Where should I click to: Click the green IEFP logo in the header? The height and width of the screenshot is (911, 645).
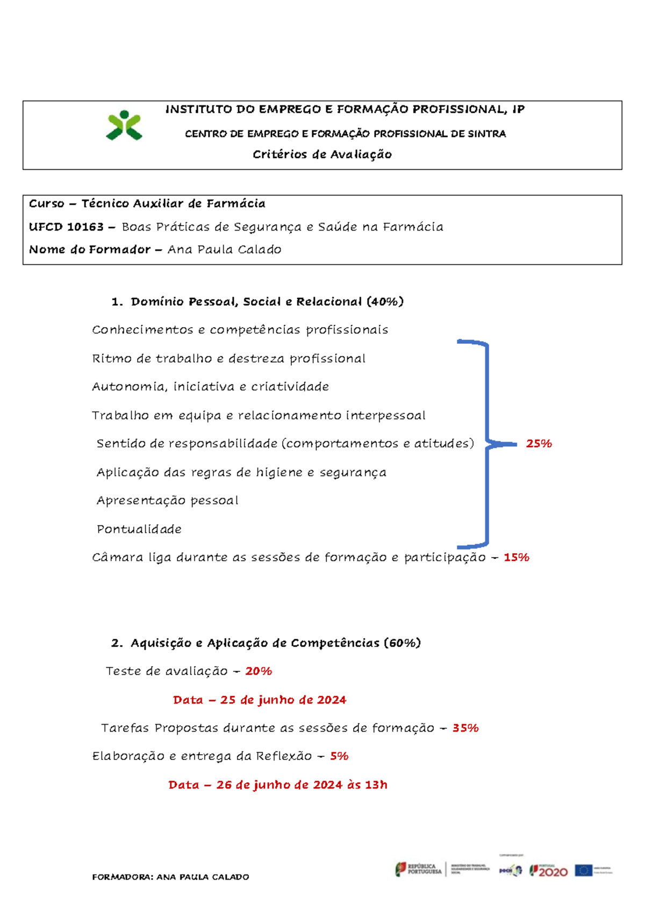pos(124,125)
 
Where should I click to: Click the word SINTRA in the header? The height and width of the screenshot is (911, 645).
pos(486,134)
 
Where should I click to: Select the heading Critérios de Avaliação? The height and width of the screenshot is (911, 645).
pos(322,155)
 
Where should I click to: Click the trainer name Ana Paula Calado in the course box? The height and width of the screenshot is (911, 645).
pos(224,249)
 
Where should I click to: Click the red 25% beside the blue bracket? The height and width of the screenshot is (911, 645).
pos(539,444)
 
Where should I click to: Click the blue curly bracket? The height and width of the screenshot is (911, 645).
pos(487,443)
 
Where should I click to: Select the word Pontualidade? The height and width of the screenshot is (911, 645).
pos(139,529)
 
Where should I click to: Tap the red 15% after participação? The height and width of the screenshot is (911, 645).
pos(516,558)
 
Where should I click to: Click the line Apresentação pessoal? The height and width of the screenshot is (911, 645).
pos(167,501)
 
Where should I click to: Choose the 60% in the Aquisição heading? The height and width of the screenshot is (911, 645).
pos(402,643)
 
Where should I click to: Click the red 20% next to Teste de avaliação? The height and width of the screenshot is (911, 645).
pos(259,671)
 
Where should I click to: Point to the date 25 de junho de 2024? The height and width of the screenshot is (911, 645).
pos(283,700)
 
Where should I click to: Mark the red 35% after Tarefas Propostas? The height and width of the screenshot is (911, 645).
pos(465,728)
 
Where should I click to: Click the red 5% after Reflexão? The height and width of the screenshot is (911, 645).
pos(339,756)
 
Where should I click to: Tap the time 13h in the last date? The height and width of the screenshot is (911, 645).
pos(376,785)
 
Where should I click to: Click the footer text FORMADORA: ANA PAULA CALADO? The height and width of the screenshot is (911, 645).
pos(170,877)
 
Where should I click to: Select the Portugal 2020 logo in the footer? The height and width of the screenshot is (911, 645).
pos(549,871)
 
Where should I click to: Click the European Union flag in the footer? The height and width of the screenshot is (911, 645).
pos(583,870)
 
